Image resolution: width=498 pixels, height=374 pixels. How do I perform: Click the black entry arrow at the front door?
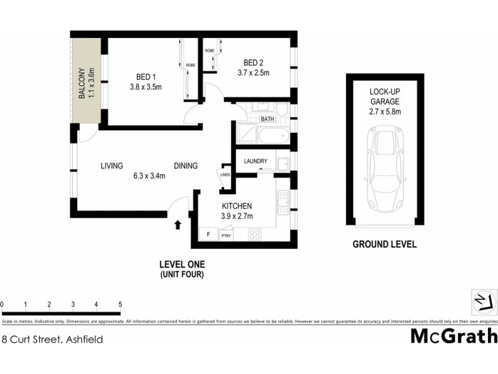(178, 224)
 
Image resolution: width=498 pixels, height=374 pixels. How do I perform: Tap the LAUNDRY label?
(256, 161)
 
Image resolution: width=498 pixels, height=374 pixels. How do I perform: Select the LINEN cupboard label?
(225, 175)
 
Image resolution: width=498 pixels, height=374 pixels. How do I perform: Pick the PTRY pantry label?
(225, 235)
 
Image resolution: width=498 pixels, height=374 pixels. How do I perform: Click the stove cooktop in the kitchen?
(255, 234)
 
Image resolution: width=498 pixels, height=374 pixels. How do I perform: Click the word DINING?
(186, 166)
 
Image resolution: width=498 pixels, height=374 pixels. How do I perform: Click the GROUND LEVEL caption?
(385, 244)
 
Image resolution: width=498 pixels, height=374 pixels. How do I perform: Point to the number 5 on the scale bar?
(120, 304)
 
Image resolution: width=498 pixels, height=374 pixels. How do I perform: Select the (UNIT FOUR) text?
(182, 274)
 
